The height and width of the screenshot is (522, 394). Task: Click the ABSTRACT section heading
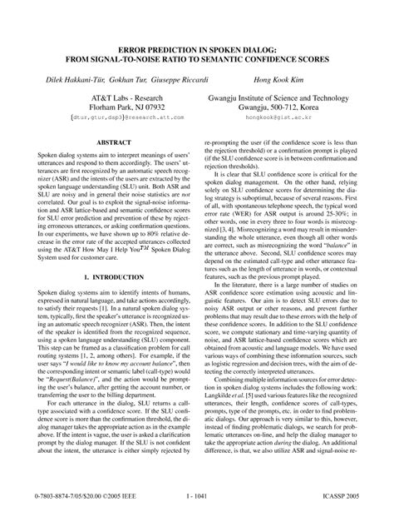click(x=106, y=143)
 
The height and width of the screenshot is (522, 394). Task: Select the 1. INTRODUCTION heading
click(x=106, y=273)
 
